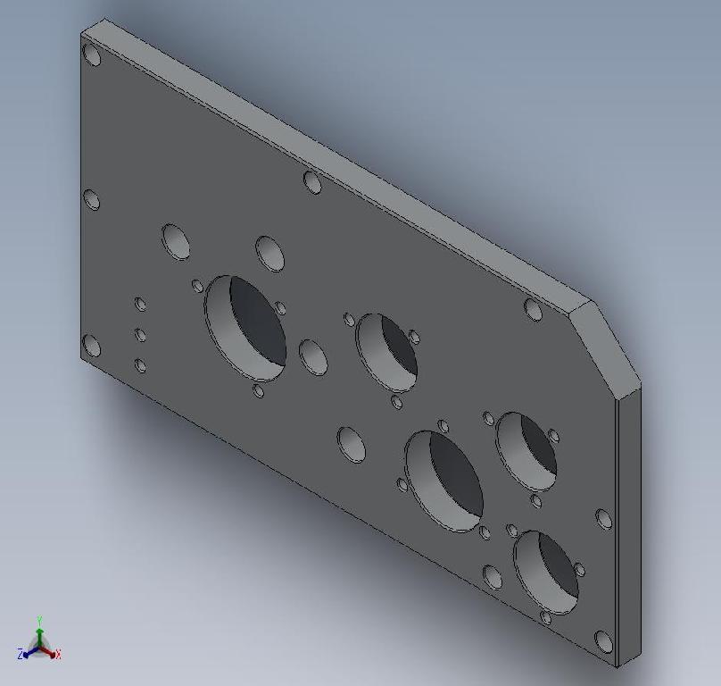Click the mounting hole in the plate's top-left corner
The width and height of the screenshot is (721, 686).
[x=92, y=54]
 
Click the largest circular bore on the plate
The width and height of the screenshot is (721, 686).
[x=245, y=327]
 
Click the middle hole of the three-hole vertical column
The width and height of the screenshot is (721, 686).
[x=140, y=335]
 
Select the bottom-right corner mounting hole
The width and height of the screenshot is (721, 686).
[x=604, y=641]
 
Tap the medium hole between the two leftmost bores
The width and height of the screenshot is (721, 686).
[x=312, y=356]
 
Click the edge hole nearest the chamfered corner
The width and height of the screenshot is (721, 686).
[x=533, y=310]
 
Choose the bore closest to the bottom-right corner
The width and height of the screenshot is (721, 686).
[x=546, y=573]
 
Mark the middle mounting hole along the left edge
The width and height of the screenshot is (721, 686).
[x=91, y=199]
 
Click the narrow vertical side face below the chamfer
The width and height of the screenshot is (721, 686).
[x=629, y=527]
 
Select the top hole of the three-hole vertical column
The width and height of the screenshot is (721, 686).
[x=140, y=305]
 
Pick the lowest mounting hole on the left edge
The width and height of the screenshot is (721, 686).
[x=91, y=345]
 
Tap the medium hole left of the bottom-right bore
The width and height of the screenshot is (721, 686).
[x=493, y=576]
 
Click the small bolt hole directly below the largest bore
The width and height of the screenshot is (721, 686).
[x=259, y=390]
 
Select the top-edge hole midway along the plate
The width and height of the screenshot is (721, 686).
[x=312, y=182]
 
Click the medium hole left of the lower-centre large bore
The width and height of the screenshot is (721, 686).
[x=352, y=444]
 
